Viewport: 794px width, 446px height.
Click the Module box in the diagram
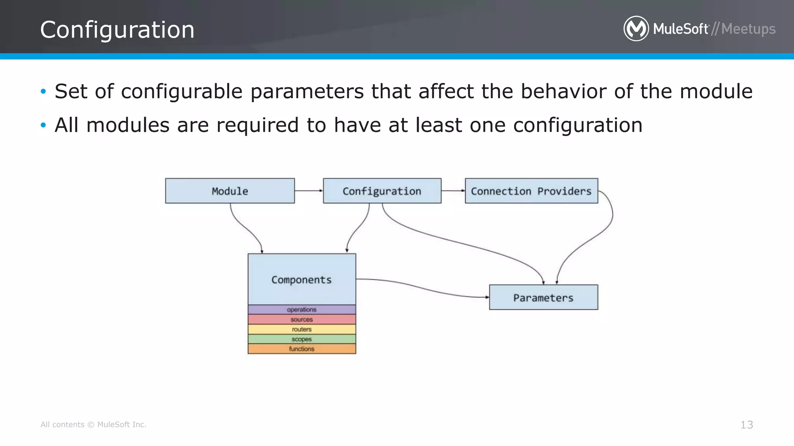[230, 191]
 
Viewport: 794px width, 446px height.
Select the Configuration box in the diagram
[382, 191]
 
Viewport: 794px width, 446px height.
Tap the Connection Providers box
[531, 191]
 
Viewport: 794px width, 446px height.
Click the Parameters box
[543, 297]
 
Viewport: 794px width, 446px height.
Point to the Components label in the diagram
[301, 280]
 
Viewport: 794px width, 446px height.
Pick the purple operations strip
[302, 309]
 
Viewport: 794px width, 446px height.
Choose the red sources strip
[302, 319]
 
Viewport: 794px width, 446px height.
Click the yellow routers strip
[302, 329]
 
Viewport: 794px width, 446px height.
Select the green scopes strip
[302, 339]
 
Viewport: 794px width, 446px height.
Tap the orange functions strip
[302, 349]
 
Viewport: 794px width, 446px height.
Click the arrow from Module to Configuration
[309, 190]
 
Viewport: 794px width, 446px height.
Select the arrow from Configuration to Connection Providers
[453, 190]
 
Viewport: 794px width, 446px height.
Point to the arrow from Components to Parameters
[423, 288]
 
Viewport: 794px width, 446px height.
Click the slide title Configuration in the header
[117, 30]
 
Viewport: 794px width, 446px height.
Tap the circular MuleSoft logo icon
[636, 29]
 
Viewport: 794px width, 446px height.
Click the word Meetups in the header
[748, 29]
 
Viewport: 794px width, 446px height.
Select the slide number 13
[746, 425]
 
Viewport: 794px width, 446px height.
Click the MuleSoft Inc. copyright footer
[93, 425]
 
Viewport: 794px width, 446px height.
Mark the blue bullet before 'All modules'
[43, 125]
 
